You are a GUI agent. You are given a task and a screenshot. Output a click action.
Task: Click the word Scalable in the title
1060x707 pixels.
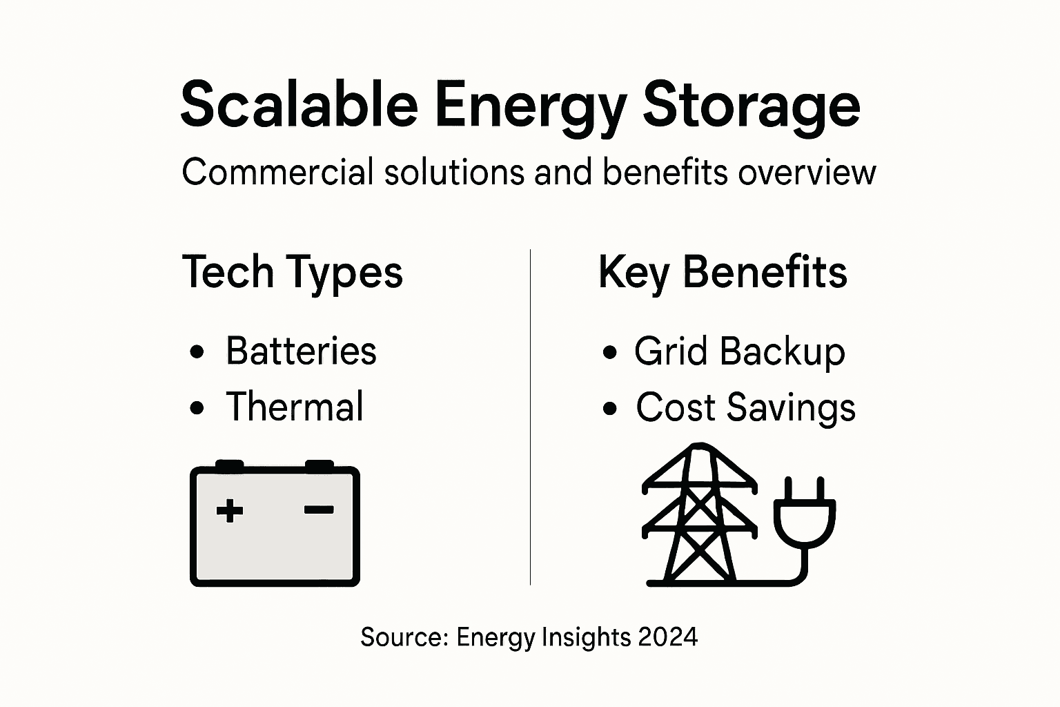pyautogui.click(x=299, y=105)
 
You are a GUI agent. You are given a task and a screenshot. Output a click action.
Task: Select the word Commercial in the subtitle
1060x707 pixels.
pyautogui.click(x=277, y=172)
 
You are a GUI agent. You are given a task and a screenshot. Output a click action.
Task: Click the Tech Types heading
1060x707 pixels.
pyautogui.click(x=293, y=273)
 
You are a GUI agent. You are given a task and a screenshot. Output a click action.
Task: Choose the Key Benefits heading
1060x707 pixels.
pyautogui.click(x=723, y=273)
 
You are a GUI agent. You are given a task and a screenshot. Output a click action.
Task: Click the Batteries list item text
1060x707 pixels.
pyautogui.click(x=301, y=351)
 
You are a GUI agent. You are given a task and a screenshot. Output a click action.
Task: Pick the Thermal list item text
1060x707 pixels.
pyautogui.click(x=295, y=407)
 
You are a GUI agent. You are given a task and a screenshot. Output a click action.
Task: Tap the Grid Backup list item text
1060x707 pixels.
pyautogui.click(x=739, y=352)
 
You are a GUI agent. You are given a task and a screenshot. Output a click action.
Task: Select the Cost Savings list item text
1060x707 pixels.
pyautogui.click(x=745, y=407)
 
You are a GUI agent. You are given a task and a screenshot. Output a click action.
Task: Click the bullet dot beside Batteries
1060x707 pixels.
pyautogui.click(x=197, y=352)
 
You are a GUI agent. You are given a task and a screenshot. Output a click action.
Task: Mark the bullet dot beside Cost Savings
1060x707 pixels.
pyautogui.click(x=609, y=408)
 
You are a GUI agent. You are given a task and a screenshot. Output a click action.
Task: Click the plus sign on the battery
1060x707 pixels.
pyautogui.click(x=230, y=511)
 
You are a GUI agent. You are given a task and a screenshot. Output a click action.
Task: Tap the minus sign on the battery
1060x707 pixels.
pyautogui.click(x=319, y=510)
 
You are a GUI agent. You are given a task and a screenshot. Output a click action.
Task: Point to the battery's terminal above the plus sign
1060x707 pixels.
pyautogui.click(x=230, y=465)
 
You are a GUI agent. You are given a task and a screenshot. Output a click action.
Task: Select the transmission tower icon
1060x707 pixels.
pyautogui.click(x=700, y=514)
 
